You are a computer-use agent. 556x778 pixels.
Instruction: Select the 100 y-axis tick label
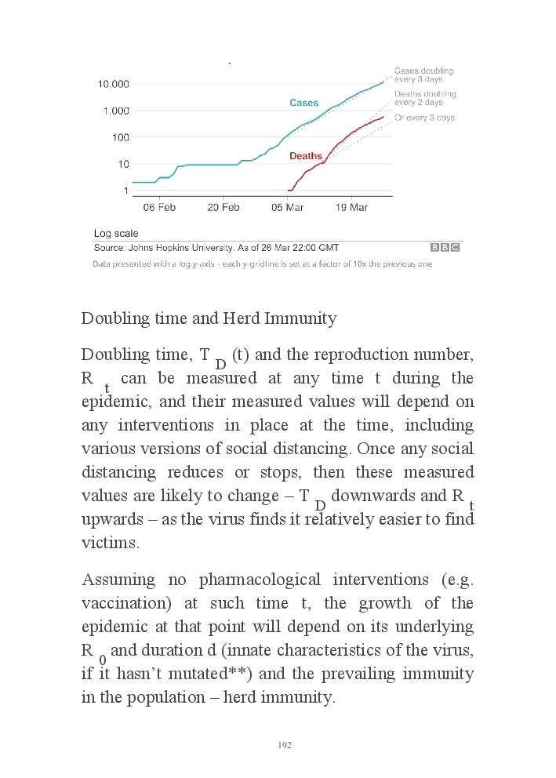(x=119, y=137)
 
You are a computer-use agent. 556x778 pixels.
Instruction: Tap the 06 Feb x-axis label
(x=158, y=208)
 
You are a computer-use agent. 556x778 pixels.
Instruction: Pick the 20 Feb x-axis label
(x=223, y=208)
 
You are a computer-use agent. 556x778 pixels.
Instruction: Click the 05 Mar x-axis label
(x=288, y=208)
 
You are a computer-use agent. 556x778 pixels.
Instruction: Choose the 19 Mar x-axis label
(x=351, y=208)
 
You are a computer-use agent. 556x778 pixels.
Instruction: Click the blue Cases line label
(x=304, y=104)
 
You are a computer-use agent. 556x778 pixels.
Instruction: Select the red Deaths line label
(x=306, y=156)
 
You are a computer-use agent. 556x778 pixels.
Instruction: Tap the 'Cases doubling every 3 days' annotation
(x=423, y=75)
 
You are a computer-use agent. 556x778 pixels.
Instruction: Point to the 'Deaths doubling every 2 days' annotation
(x=425, y=98)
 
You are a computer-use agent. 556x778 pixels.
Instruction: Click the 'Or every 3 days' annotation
(x=424, y=118)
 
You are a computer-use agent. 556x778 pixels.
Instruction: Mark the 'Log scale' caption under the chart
(x=116, y=234)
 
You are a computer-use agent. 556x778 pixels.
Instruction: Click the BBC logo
(x=445, y=247)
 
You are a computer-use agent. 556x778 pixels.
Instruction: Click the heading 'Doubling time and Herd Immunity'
(x=209, y=318)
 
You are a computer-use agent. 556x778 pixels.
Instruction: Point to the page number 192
(x=285, y=745)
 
